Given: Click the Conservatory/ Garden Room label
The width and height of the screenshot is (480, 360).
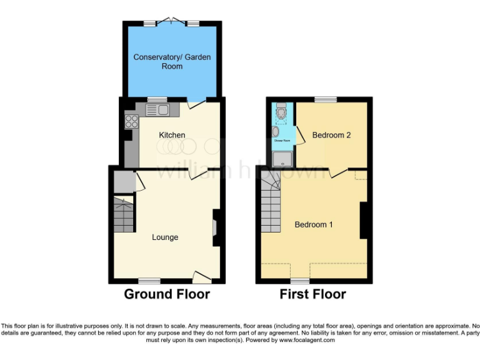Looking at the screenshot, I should [x=172, y=61].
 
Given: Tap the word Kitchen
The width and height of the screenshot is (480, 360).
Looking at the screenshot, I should [x=172, y=135].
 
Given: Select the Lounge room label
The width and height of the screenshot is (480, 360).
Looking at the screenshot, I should [x=165, y=237].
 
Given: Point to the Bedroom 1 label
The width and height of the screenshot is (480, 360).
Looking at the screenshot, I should [x=314, y=225].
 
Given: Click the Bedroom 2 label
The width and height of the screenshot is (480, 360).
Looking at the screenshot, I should [x=331, y=135].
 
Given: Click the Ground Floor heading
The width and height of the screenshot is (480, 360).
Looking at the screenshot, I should [x=167, y=294].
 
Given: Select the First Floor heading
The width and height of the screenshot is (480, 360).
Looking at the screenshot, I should [x=312, y=294].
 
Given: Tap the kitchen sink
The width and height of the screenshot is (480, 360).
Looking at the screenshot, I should [x=157, y=111].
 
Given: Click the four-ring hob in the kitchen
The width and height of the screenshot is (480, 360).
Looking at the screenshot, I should [x=132, y=121].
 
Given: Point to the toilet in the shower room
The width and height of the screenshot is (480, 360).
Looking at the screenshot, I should [x=281, y=112].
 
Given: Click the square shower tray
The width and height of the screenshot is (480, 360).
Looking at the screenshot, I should [x=282, y=157].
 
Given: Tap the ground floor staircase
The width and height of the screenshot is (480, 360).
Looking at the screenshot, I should [x=124, y=214].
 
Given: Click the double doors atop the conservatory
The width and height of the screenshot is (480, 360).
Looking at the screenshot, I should [x=172, y=22].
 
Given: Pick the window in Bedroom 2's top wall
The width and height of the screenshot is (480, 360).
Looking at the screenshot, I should [x=325, y=99].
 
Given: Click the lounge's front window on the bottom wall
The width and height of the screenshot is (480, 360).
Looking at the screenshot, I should [x=149, y=281].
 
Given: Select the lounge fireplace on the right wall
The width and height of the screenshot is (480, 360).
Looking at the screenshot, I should [x=216, y=228].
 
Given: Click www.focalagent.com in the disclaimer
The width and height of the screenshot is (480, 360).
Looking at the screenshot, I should [x=307, y=341].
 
